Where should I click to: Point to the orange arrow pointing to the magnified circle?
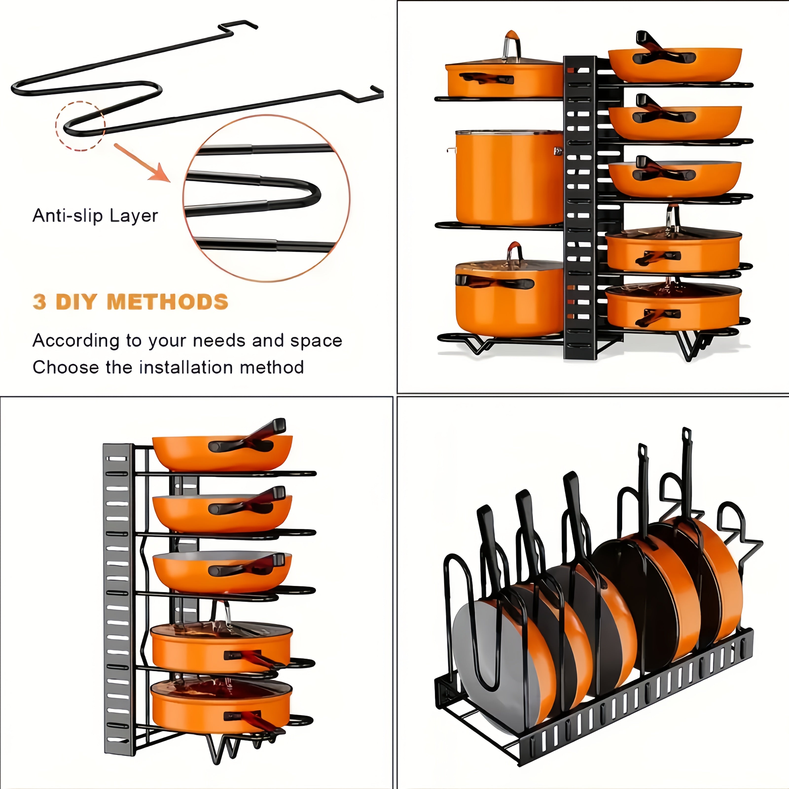143,163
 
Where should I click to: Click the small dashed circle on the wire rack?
80,126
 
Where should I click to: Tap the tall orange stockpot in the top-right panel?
508,178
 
